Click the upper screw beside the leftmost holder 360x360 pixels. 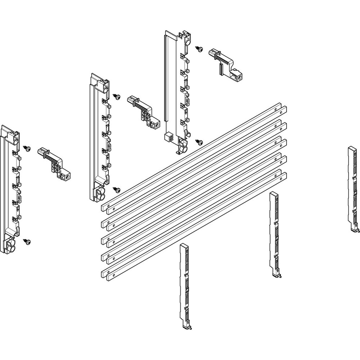pyautogui.click(x=27, y=148)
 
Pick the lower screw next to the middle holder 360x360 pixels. pyautogui.click(x=117, y=189)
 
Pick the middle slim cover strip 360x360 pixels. pyautogui.click(x=275, y=234)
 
